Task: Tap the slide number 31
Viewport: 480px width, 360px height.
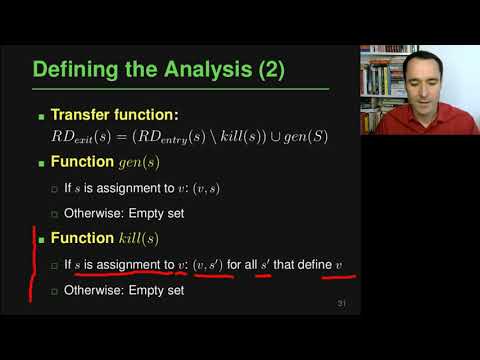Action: click(x=342, y=303)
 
